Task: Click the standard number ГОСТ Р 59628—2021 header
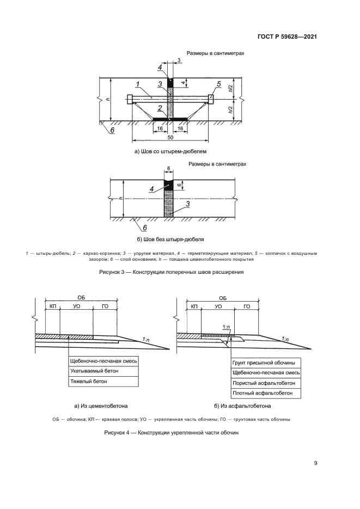point(286,37)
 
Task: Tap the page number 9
point(316,463)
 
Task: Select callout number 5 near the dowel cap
point(218,84)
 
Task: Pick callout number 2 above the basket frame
point(159,108)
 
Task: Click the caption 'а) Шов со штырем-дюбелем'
point(171,152)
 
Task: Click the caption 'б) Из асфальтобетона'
point(243,406)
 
